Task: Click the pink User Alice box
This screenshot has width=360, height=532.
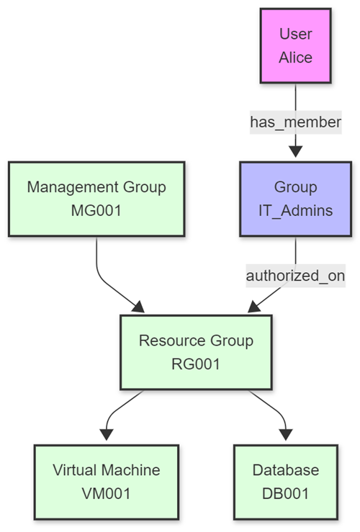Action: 295,46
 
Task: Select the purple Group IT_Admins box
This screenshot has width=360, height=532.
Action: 295,198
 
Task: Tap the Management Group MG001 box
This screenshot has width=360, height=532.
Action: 96,198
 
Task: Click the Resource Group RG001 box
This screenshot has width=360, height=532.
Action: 196,351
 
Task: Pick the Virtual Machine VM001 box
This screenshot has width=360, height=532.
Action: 106,482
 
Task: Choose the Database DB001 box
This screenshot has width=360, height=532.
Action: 285,482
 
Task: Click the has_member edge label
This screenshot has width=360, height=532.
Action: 295,122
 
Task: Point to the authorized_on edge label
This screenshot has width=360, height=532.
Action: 295,275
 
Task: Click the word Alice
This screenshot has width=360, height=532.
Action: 295,58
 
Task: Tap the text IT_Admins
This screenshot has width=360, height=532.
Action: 295,210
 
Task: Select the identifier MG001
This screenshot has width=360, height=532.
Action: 96,210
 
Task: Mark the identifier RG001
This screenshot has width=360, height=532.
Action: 196,364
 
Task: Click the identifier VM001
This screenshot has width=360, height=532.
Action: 106,494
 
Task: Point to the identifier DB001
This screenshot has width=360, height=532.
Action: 285,494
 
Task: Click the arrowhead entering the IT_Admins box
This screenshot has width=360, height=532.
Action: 295,151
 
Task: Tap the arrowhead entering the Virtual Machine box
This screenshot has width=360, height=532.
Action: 107,434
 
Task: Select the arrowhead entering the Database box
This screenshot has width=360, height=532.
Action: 286,434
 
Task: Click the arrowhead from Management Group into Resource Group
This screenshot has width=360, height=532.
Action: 137,307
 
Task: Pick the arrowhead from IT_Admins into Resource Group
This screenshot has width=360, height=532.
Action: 254,307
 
